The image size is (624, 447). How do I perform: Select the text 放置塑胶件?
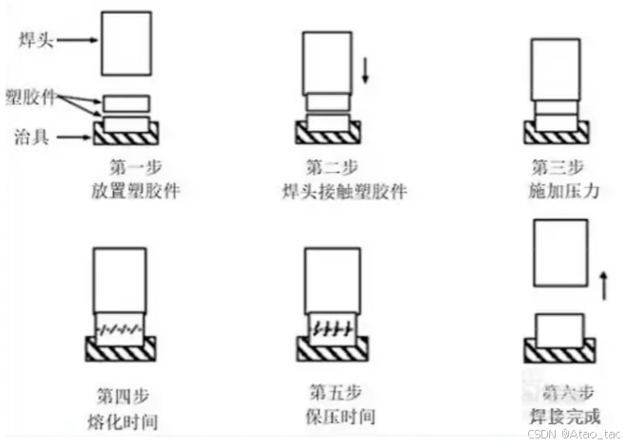click(130, 190)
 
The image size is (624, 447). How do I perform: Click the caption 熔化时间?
click(117, 418)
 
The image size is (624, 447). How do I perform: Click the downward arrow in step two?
click(366, 69)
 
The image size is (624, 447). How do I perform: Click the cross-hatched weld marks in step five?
click(332, 327)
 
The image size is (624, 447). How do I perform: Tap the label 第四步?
click(117, 392)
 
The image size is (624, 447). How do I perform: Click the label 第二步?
click(328, 167)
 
